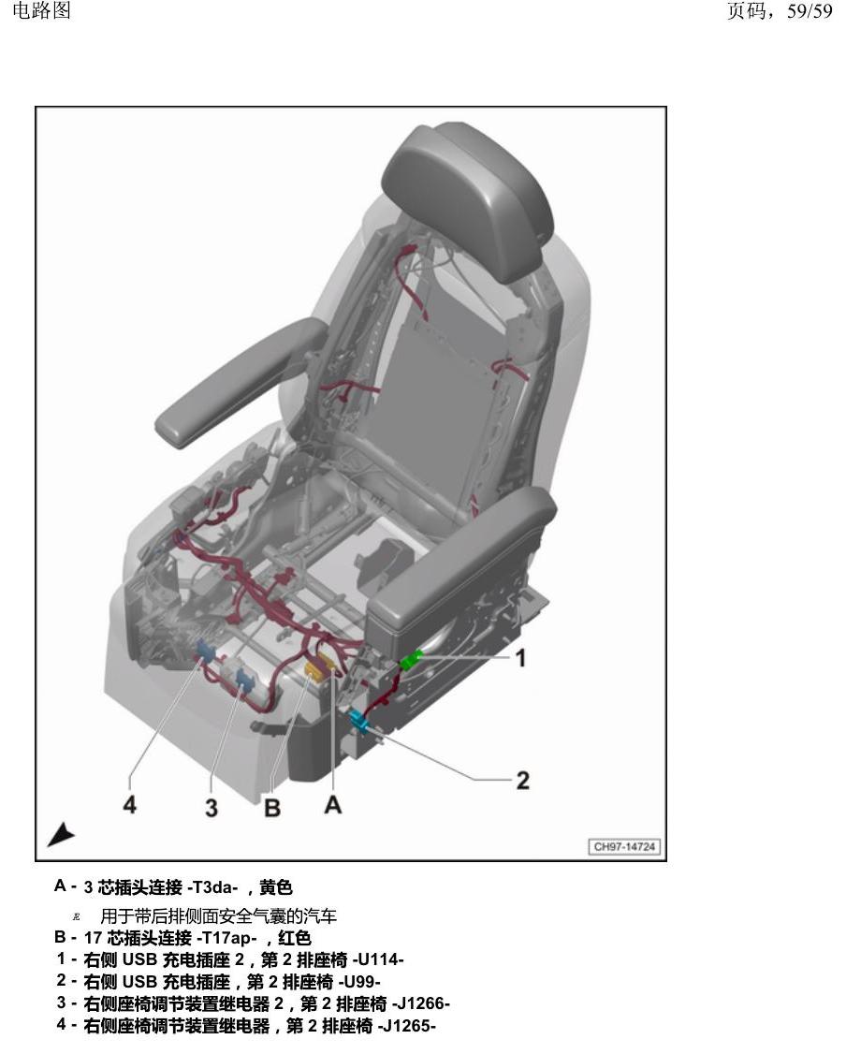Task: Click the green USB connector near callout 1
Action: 411,659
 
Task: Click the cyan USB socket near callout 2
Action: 358,721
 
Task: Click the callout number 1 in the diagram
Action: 520,658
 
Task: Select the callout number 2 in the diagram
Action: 523,781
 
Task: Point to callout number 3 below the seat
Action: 211,807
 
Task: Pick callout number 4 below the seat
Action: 130,804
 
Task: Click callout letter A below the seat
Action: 332,804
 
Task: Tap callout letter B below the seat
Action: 272,807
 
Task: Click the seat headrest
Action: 471,199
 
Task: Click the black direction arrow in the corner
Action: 61,834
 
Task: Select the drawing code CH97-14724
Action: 624,846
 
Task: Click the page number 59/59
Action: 810,11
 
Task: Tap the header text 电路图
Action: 42,10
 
